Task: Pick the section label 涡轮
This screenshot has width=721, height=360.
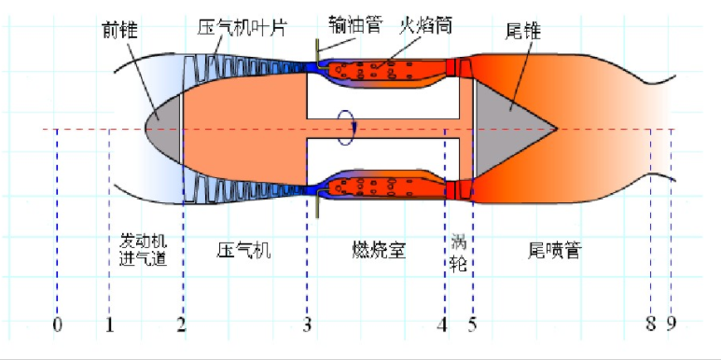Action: (458, 250)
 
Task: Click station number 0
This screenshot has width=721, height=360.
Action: (57, 325)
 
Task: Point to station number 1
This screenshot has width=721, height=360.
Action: (109, 325)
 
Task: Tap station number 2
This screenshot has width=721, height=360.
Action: (182, 325)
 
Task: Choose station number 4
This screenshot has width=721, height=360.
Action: (443, 325)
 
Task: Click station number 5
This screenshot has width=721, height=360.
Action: (472, 325)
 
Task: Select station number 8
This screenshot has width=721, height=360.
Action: (650, 325)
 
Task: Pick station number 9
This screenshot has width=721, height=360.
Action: (671, 325)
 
